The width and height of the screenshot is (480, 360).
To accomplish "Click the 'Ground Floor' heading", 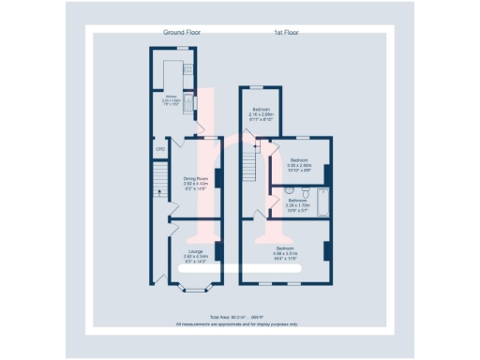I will pos(182,32).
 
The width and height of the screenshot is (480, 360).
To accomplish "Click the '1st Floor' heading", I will pos(286,32).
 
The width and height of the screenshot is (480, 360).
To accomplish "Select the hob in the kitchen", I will pos(187,68).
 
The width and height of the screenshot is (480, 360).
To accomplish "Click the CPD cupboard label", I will pos(159,148).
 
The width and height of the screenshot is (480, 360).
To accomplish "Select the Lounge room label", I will pos(194,252).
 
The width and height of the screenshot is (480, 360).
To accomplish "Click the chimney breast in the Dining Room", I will pos(218,178).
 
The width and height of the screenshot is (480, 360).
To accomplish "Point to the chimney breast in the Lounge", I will pos(218,251).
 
